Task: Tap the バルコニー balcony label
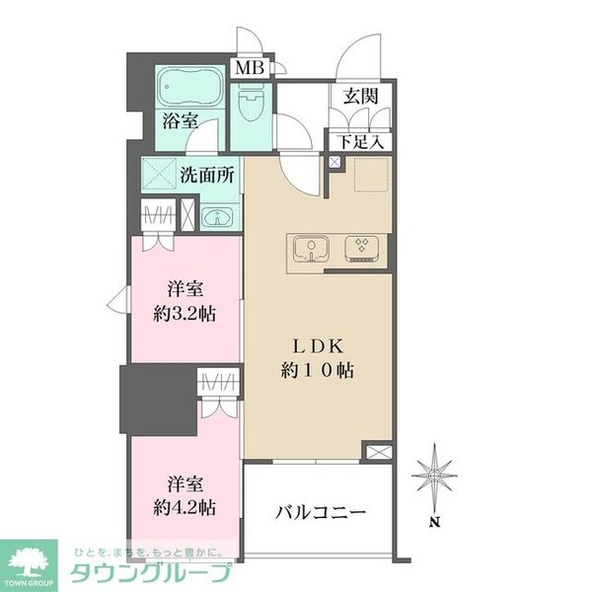coord(321,513)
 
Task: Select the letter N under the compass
coord(435,523)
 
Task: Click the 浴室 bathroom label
coord(180,122)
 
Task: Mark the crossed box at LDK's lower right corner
coord(377,452)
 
